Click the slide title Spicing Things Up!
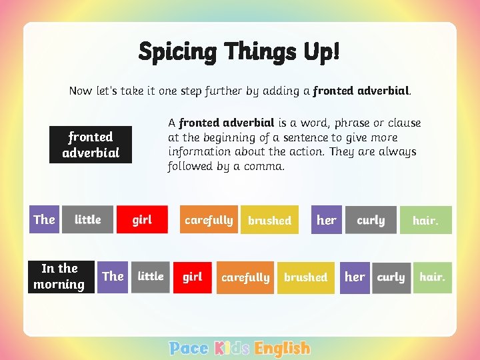[x=239, y=51]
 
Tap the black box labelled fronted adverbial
[x=91, y=145]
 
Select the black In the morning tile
[x=59, y=277]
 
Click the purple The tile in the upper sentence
[x=45, y=219]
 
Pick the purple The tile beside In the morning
[x=113, y=277]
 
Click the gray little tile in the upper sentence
[x=87, y=219]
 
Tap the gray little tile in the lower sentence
[x=151, y=277]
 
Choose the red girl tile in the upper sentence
[x=142, y=219]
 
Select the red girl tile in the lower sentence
[x=193, y=277]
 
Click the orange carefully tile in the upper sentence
[x=208, y=220]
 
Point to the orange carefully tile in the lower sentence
[x=245, y=277]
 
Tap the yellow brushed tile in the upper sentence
[x=269, y=220]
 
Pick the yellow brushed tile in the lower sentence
[x=305, y=277]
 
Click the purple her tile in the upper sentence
[x=326, y=220]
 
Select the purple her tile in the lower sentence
[x=355, y=277]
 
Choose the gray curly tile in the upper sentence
[x=371, y=220]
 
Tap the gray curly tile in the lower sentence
[x=391, y=277]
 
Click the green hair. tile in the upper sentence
[x=426, y=220]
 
